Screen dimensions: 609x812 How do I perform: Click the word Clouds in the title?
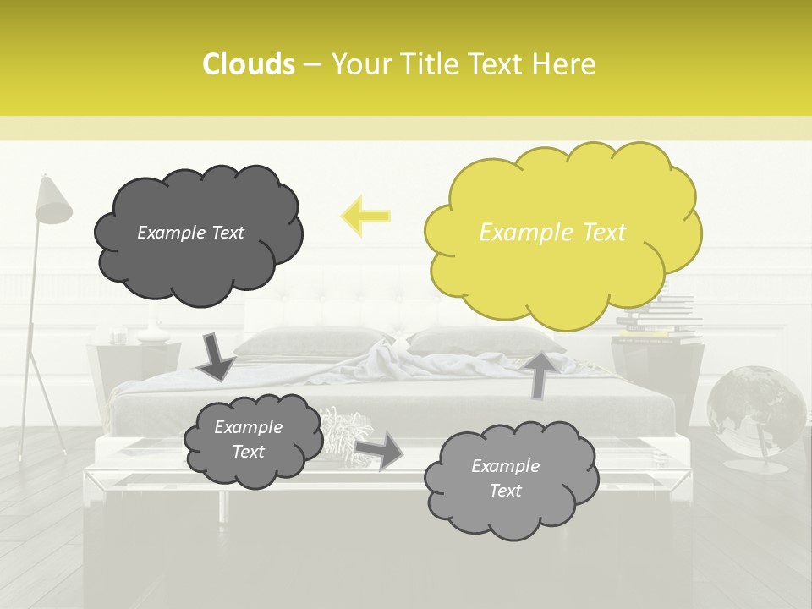tap(248, 64)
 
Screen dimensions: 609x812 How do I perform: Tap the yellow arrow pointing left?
tap(365, 216)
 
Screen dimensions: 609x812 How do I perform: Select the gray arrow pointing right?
tap(380, 450)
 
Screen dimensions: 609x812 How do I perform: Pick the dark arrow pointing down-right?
tap(216, 357)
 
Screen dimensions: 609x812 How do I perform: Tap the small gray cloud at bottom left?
tap(248, 440)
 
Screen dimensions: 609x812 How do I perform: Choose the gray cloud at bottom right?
tap(507, 479)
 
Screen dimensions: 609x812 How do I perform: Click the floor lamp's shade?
tap(52, 201)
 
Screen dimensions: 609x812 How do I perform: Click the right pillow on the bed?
tap(474, 340)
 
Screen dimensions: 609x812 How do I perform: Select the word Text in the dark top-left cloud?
tap(227, 233)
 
